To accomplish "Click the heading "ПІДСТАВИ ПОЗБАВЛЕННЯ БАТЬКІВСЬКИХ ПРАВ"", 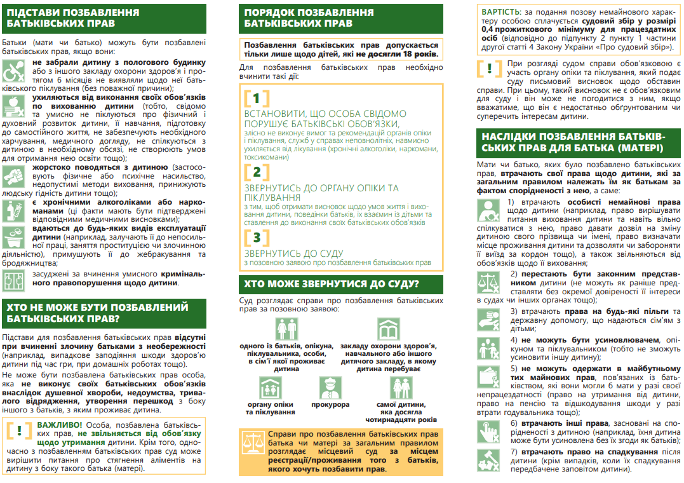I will point(73,18).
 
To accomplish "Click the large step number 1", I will point(256,99).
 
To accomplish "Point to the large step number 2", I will point(256,172).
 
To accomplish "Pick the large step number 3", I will point(256,238).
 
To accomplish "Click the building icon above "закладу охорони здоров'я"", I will point(389,329).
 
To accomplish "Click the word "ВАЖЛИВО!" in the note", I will point(59,424).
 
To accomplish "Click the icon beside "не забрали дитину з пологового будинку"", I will point(15,71).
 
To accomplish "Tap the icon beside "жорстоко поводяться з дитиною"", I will point(15,176).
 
